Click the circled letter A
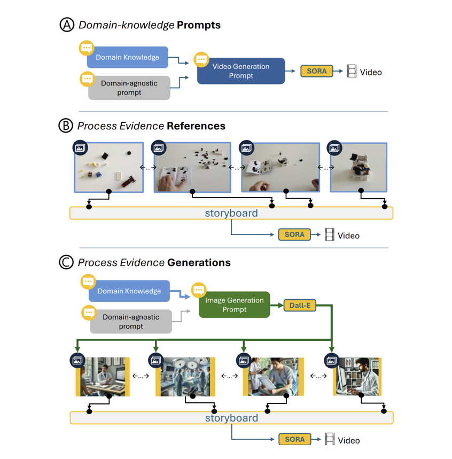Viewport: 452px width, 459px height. (x=67, y=25)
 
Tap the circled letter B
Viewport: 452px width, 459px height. (x=66, y=126)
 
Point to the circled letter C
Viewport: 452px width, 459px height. (x=66, y=262)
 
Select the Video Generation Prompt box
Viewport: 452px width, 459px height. (x=241, y=71)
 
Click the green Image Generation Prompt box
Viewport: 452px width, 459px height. (x=235, y=305)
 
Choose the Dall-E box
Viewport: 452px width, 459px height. (x=300, y=306)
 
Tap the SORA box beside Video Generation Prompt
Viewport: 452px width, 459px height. (x=316, y=71)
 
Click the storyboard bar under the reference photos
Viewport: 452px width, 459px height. (x=231, y=213)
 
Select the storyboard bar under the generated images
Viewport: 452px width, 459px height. (x=231, y=418)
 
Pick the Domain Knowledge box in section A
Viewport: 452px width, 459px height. (x=127, y=57)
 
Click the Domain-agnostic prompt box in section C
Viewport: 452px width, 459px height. (x=131, y=322)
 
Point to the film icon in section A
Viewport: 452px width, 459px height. (x=352, y=72)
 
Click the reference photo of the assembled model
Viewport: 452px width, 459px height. (x=358, y=167)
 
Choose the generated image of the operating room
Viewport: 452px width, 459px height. (x=185, y=377)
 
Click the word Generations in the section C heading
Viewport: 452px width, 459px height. (x=199, y=262)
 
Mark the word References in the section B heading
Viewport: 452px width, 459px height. (x=196, y=126)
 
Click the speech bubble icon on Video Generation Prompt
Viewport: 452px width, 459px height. (x=201, y=59)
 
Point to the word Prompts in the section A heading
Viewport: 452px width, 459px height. (x=199, y=25)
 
